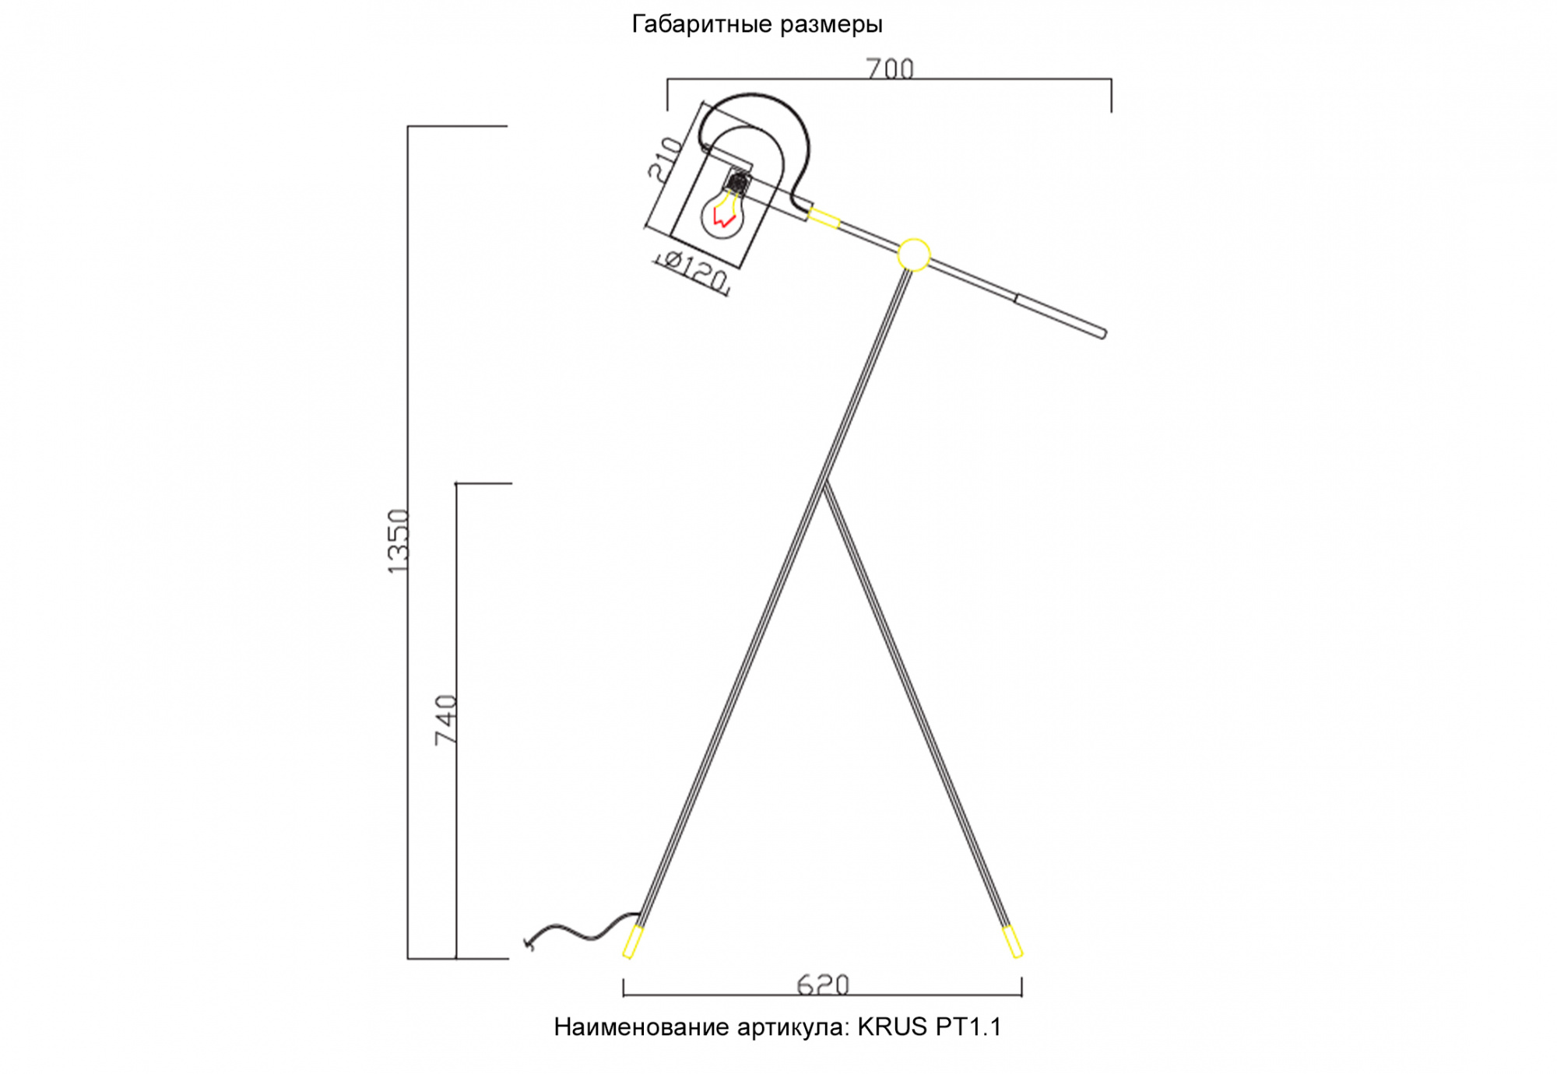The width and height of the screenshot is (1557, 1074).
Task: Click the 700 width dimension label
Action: click(890, 69)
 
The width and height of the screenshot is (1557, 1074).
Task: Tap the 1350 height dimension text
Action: click(398, 542)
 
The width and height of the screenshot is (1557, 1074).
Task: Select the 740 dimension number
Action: click(446, 720)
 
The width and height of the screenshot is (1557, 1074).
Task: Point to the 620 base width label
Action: click(823, 985)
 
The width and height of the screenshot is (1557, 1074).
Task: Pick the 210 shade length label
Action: click(666, 159)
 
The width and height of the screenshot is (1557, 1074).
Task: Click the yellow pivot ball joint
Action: click(914, 254)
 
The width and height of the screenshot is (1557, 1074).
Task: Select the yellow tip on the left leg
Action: click(632, 942)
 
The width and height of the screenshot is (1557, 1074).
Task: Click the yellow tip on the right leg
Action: click(1012, 941)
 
